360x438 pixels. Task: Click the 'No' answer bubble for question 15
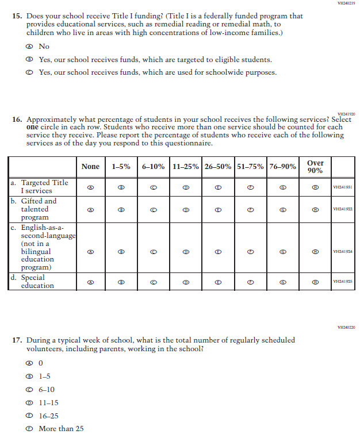point(28,47)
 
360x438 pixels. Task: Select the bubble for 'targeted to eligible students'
point(28,60)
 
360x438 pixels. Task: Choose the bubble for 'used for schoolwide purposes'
point(28,72)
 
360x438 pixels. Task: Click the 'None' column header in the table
point(90,167)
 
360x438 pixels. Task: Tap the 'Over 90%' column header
point(315,167)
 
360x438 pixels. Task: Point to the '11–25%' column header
point(186,167)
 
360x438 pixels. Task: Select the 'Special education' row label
point(37,281)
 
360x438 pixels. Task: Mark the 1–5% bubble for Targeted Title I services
point(121,187)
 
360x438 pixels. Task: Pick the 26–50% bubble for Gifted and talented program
point(218,210)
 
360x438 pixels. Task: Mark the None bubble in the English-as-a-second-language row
point(90,252)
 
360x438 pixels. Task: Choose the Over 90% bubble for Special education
point(315,282)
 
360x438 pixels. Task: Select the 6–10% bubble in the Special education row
point(153,282)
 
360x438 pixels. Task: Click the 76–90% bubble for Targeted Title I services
point(282,187)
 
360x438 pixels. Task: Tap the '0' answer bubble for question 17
point(28,363)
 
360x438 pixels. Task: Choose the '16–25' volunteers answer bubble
point(28,416)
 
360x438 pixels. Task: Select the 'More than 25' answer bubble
point(28,429)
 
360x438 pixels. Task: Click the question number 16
point(17,120)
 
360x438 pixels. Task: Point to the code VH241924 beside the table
point(342,252)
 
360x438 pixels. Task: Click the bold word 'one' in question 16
point(32,128)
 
